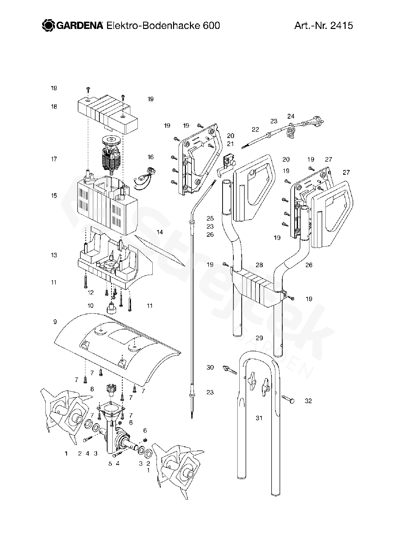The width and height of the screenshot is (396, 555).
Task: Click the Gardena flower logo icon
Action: [48, 26]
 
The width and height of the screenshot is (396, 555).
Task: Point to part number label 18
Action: [54, 107]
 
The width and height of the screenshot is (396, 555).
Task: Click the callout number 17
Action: [54, 159]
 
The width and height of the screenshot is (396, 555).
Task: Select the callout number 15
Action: [54, 195]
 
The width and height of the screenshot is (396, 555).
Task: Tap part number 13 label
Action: [54, 255]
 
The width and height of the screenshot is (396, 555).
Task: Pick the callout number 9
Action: [55, 322]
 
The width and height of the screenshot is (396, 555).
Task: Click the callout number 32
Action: [308, 401]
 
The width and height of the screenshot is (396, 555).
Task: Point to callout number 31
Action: [259, 418]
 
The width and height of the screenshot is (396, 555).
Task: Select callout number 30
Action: [210, 367]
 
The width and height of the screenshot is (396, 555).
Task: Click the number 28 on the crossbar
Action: [259, 265]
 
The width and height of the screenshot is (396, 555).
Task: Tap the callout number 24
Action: [291, 116]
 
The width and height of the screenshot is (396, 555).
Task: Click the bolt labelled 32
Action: [288, 399]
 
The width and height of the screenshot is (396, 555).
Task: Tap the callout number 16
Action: [150, 157]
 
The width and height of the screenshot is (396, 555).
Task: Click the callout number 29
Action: [259, 338]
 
